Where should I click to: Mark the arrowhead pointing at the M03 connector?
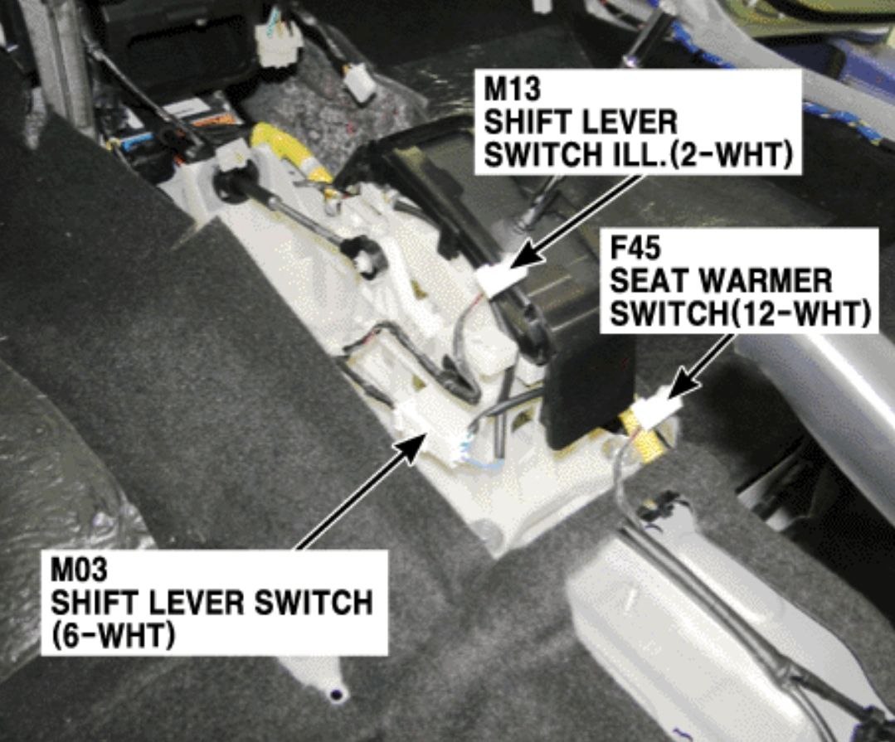412,448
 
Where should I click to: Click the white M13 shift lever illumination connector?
495,278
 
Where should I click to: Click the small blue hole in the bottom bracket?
338,694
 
